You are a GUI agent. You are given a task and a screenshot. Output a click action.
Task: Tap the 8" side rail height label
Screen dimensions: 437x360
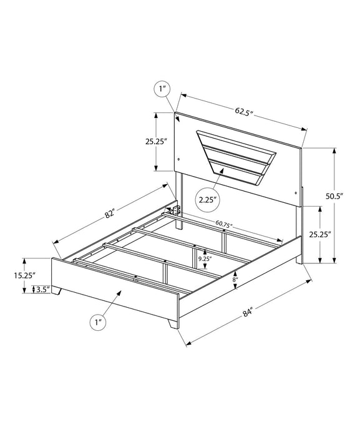(x=235, y=280)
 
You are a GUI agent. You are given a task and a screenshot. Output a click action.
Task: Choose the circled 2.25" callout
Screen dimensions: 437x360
(x=208, y=200)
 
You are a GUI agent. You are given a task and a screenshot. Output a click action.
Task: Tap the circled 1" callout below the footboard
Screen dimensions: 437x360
(x=96, y=323)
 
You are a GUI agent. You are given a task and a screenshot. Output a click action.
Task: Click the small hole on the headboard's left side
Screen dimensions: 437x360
(x=178, y=157)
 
